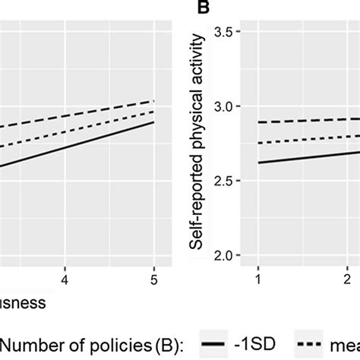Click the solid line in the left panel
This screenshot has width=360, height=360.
coord(76,144)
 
